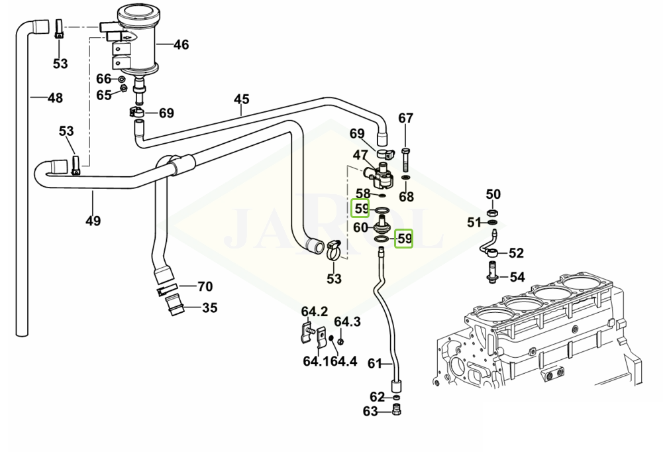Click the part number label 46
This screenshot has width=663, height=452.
(181, 45)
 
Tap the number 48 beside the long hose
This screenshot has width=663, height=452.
(55, 98)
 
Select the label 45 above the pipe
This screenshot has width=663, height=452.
(242, 100)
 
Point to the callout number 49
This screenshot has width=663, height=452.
(93, 221)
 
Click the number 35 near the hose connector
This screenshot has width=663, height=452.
(209, 308)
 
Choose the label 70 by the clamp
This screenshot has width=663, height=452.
(205, 287)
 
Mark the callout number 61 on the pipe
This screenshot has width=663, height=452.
(375, 363)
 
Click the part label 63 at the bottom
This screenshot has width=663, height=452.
(370, 412)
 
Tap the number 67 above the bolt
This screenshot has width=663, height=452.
(405, 119)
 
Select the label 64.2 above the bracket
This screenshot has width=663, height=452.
(315, 311)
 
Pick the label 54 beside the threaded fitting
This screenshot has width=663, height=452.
(517, 276)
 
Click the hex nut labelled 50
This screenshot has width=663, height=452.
(493, 213)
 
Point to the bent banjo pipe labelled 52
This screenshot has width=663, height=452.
(489, 249)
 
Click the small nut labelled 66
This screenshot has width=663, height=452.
(123, 79)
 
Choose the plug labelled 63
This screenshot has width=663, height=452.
(397, 411)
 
